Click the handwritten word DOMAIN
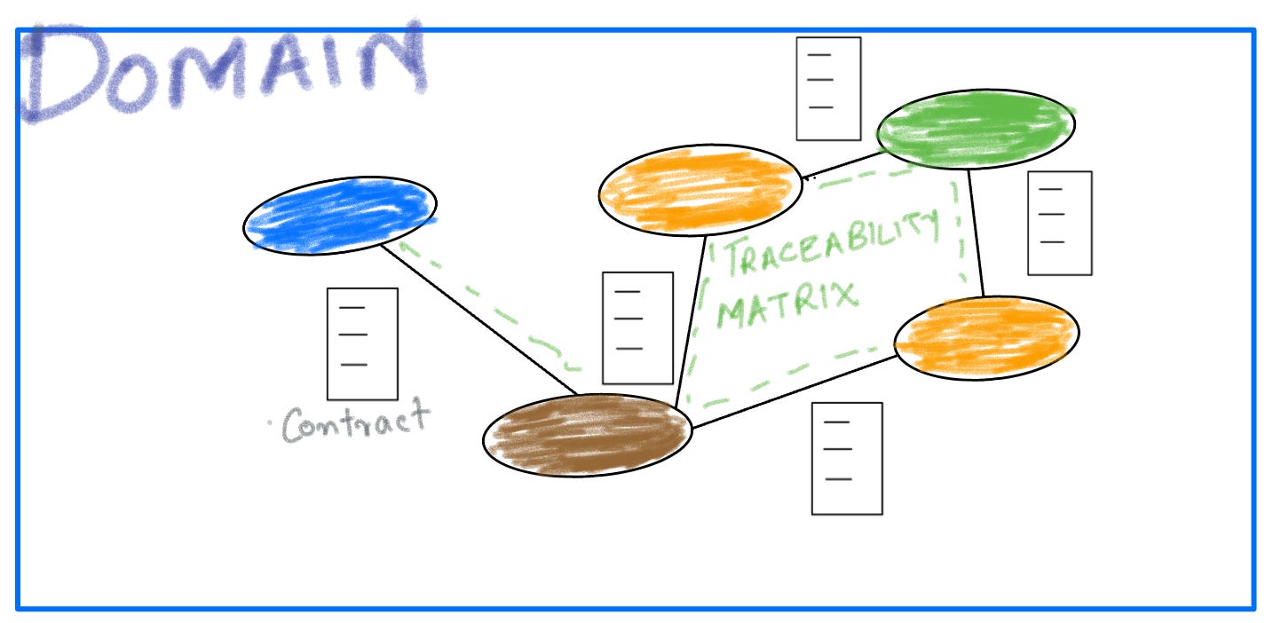coord(222,71)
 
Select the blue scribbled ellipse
coord(340,216)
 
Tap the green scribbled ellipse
coord(975,129)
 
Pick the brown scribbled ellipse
coord(587,436)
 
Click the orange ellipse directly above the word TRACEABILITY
coord(700,190)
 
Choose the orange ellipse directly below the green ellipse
coord(985,337)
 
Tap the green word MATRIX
coord(787,302)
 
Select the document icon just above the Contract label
coord(362,343)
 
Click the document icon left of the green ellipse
coord(828,89)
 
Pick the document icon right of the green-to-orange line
coord(1059,223)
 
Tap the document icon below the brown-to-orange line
coord(847,458)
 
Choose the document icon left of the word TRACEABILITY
coord(637,327)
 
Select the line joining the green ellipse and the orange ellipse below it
coord(976,233)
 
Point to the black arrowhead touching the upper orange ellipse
coord(806,178)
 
